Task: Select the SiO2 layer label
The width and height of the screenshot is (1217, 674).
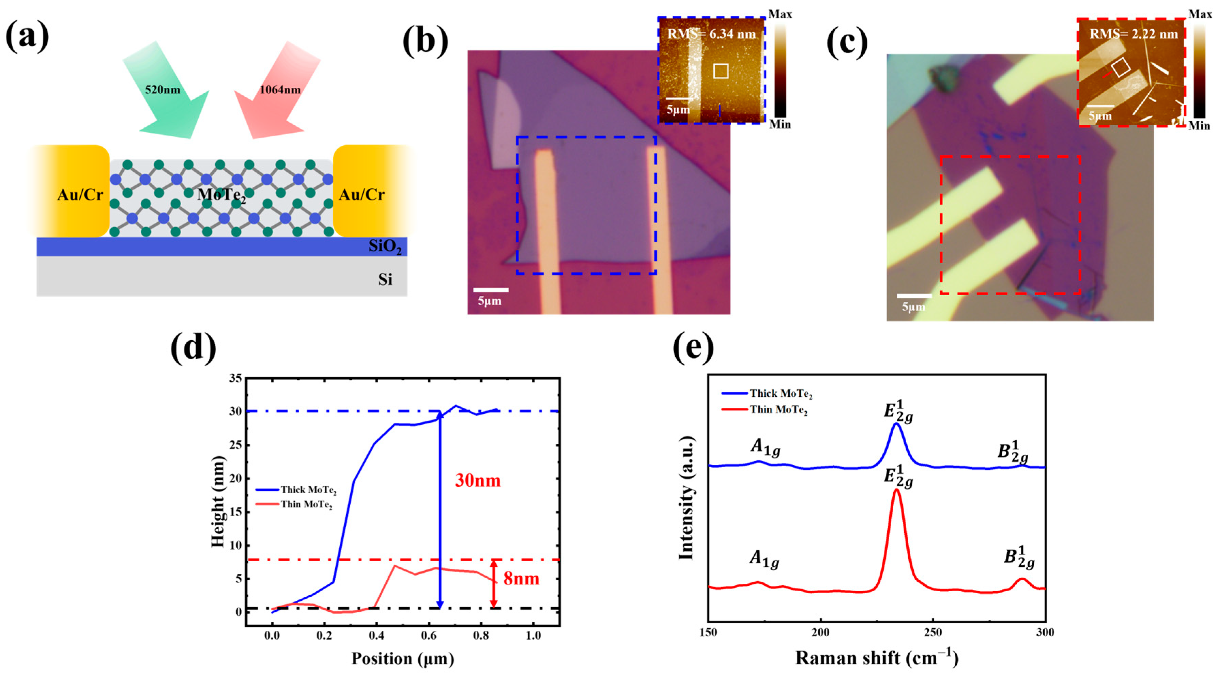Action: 385,247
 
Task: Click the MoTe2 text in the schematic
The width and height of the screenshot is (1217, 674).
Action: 221,194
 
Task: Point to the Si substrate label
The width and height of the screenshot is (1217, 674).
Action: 385,280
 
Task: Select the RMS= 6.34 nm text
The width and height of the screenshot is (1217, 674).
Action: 711,34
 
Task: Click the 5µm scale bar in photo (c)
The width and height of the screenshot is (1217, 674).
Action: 914,296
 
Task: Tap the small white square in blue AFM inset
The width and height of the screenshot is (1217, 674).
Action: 721,71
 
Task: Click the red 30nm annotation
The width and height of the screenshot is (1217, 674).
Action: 477,481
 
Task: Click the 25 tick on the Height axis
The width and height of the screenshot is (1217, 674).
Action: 235,445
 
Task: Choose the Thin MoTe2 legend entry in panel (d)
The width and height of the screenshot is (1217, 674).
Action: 306,504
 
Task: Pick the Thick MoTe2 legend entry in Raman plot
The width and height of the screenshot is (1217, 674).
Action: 781,393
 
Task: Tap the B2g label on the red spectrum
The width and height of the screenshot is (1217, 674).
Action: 1019,558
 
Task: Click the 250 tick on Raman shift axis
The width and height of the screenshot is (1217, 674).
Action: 933,632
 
